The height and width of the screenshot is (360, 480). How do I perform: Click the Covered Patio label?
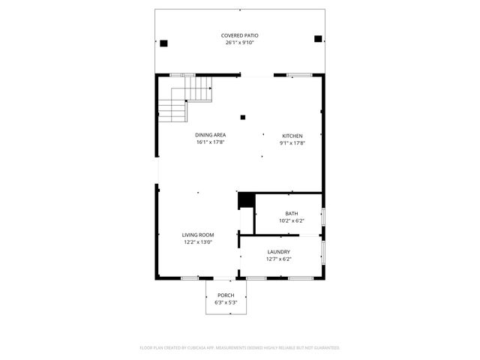[240, 36]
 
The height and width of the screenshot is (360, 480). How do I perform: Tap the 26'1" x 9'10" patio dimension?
[240, 43]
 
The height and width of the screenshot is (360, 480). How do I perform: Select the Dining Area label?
[211, 135]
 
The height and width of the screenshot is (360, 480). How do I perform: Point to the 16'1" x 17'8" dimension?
[211, 142]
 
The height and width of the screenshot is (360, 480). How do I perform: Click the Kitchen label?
[292, 135]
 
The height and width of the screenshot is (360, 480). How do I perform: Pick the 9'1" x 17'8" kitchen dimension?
[292, 142]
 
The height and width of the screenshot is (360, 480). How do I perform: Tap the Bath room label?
[291, 214]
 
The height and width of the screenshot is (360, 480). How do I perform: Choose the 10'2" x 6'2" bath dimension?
[291, 220]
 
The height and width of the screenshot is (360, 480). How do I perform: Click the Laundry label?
[279, 252]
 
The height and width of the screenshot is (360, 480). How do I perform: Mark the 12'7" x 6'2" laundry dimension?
[279, 259]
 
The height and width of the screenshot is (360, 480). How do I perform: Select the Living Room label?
[198, 235]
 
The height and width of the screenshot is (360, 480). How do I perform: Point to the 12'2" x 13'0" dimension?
[198, 241]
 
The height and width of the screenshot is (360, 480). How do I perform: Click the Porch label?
[226, 295]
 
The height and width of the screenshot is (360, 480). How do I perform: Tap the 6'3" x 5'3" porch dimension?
[226, 302]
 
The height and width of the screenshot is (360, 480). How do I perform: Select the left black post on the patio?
[164, 43]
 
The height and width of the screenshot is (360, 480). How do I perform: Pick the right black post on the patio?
[318, 39]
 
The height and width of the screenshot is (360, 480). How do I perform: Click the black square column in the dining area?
[242, 116]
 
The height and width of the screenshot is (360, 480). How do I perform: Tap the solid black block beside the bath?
[244, 200]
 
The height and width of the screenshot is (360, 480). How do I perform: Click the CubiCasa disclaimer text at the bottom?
[240, 348]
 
